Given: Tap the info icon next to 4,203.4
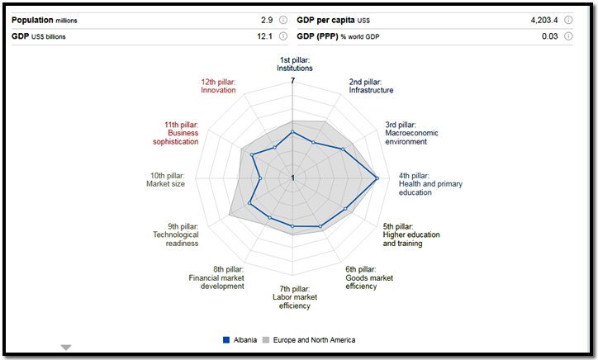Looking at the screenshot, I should coord(567,20).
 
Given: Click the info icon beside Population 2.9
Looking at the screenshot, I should coord(283,20).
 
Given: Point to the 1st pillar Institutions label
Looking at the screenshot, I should coord(295,64).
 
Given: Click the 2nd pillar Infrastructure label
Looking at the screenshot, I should coord(371,86).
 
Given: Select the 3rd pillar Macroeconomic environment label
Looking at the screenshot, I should coord(411,133).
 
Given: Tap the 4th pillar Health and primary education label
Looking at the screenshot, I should coord(426,183).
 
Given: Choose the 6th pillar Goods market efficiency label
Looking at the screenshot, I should coord(369,277).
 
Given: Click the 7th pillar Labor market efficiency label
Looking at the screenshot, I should coord(292,296).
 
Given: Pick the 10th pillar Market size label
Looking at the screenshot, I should coord(167,179).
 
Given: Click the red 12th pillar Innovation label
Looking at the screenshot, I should coord(218,86).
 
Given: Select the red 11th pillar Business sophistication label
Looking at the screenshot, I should coord(175,133).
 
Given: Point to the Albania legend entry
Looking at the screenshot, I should coord(240,340).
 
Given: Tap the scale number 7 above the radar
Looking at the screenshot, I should coord(293,81).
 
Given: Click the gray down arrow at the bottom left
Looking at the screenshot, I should coord(66,348).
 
